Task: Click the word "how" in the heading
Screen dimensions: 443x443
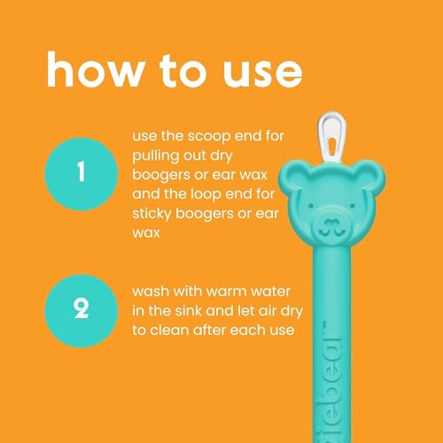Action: (x=90, y=68)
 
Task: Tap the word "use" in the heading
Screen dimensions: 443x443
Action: (x=257, y=68)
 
